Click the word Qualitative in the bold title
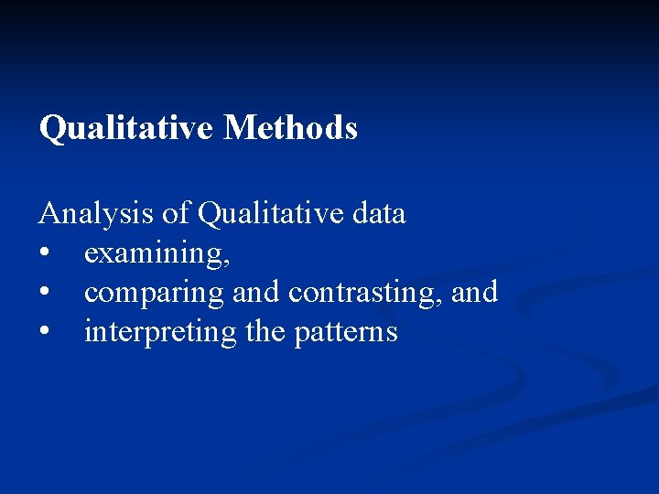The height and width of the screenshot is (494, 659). coord(127,129)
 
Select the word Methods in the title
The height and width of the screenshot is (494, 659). coord(290,128)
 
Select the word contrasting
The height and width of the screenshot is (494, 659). coord(364,293)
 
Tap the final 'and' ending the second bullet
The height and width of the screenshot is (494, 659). coord(475,293)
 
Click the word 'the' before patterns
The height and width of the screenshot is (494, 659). coord(265,331)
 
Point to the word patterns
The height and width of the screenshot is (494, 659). coord(346,332)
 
